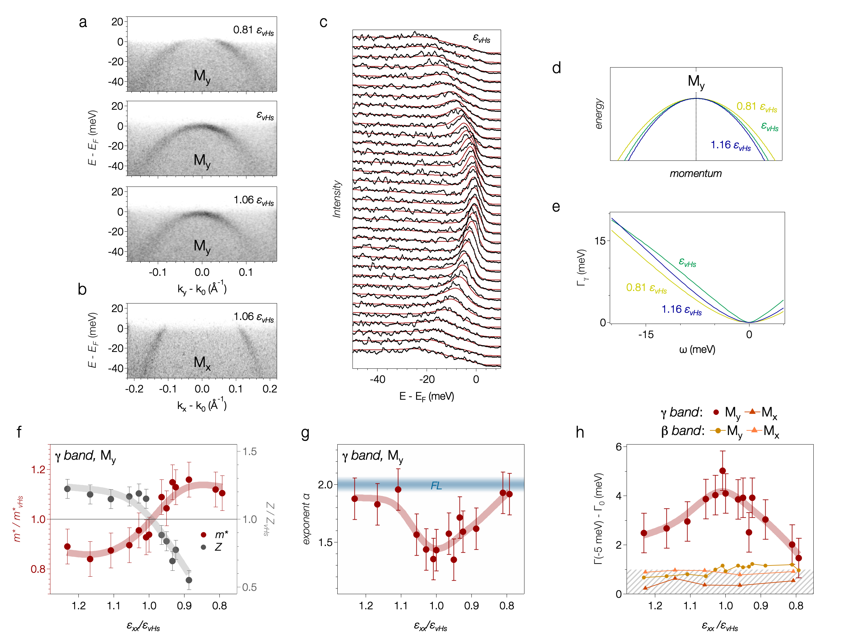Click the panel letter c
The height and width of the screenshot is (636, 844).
tap(323, 22)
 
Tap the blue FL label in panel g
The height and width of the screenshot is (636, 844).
tap(436, 486)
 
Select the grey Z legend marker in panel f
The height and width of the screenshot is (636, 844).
tap(203, 547)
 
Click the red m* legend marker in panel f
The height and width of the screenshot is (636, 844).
tap(203, 535)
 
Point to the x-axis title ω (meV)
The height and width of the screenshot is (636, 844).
tap(697, 349)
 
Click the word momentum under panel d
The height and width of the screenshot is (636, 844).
tap(695, 174)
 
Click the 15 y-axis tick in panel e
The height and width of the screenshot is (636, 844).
tap(600, 241)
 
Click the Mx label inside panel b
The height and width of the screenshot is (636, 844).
tap(202, 363)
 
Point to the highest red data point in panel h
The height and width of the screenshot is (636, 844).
tap(722, 471)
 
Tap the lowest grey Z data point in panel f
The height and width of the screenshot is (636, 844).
tap(189, 580)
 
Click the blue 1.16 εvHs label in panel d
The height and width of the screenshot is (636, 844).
tap(730, 145)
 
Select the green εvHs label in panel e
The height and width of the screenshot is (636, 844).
tap(687, 262)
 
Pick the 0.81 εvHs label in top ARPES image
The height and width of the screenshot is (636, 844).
tap(253, 30)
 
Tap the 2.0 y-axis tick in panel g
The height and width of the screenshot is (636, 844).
tap(325, 484)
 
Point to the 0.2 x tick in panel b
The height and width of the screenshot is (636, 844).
tap(269, 389)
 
